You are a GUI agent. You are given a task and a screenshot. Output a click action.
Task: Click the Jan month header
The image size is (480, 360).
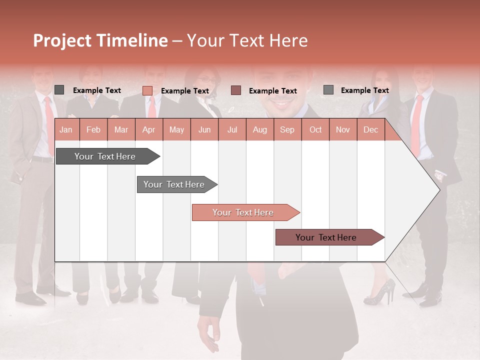click(66, 129)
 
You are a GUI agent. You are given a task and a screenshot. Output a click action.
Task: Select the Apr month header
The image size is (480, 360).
click(148, 129)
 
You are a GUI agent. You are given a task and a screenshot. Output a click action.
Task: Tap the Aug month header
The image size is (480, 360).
click(259, 129)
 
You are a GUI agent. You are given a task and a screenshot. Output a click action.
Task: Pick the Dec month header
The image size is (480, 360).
click(370, 129)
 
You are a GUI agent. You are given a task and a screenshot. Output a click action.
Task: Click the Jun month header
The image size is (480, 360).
click(204, 129)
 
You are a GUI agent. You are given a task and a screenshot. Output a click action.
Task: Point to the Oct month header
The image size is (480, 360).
click(315, 129)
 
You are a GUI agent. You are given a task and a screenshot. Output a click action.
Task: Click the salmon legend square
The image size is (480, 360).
click(147, 90)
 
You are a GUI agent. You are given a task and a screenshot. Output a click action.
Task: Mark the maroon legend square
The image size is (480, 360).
click(236, 90)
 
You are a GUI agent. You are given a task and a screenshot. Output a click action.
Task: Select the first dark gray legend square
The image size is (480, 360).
click(59, 90)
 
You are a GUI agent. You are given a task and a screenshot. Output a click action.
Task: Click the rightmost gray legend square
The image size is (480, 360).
click(328, 90)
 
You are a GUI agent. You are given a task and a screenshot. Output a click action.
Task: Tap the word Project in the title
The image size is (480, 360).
click(62, 40)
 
